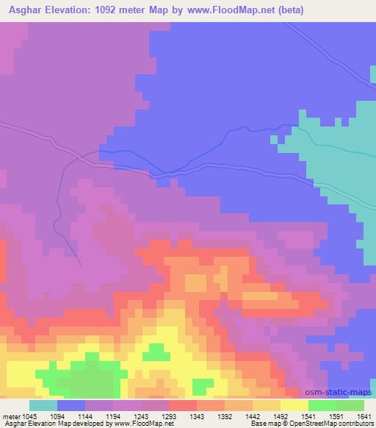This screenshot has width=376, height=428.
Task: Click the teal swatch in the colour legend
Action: [x=43, y=405]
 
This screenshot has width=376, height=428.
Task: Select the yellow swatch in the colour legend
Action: [x=294, y=405]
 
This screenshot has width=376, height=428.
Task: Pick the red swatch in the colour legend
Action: [x=183, y=405]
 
